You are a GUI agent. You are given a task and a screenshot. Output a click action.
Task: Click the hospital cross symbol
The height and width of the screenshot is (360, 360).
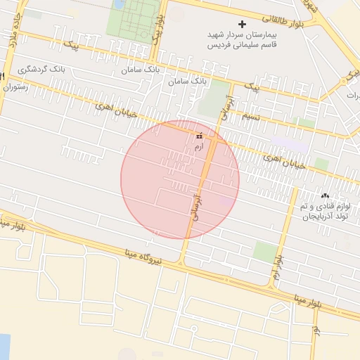[x=243, y=25]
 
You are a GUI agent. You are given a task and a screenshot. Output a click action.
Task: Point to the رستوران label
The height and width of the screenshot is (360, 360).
[x=18, y=87]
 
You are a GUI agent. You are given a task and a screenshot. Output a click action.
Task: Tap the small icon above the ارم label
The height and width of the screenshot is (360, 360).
[x=200, y=136]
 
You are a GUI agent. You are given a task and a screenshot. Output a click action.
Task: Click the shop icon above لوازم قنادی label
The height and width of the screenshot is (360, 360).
[x=323, y=195]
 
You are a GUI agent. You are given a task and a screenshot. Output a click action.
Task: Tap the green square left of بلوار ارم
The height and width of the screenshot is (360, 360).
[x=264, y=251]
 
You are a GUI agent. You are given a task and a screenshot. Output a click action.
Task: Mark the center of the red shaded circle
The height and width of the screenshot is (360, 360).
[x=180, y=179]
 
